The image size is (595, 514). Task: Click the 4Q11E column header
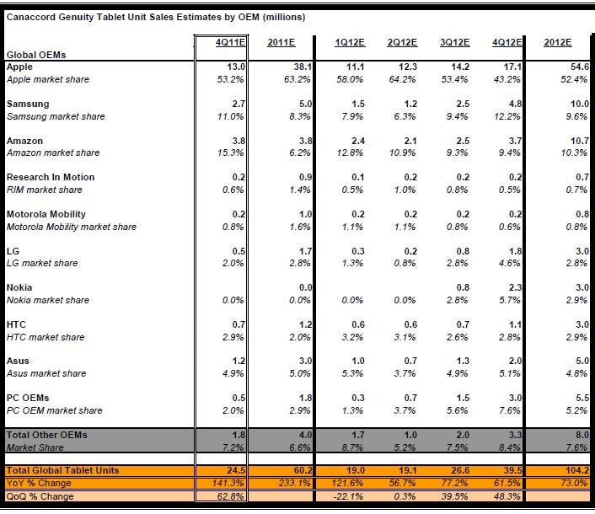(x=230, y=42)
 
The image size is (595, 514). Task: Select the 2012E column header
(x=557, y=42)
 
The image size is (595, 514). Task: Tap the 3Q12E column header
(x=454, y=42)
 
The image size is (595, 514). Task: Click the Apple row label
(x=19, y=67)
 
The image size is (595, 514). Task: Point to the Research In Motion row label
(x=51, y=177)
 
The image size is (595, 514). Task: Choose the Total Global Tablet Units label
(x=62, y=470)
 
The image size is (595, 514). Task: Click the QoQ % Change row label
(x=40, y=496)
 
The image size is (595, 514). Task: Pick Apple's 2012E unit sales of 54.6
(x=580, y=67)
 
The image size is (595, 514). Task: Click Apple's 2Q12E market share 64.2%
(x=402, y=80)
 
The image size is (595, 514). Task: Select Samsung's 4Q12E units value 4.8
(x=515, y=104)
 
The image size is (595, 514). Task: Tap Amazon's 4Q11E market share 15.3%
(x=230, y=153)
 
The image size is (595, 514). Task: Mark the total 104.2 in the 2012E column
(x=576, y=470)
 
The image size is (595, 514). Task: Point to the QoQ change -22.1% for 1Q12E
(x=348, y=496)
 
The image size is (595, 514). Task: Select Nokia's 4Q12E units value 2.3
(x=515, y=287)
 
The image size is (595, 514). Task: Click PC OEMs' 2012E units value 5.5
(x=582, y=398)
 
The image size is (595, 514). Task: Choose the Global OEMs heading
(x=36, y=55)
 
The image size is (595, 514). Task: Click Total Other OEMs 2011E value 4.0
(x=305, y=435)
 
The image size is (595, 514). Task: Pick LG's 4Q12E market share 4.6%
(x=509, y=263)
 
